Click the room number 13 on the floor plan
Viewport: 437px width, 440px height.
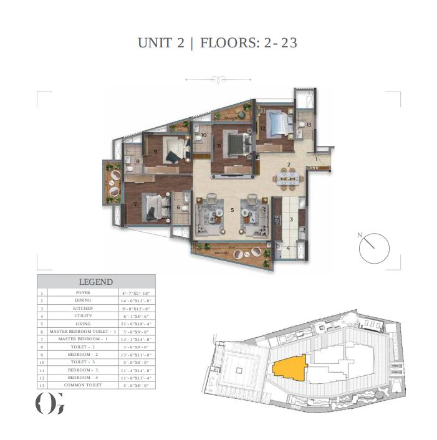[309, 125]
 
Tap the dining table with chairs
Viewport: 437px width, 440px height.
[289, 179]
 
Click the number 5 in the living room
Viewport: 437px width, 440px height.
[232, 211]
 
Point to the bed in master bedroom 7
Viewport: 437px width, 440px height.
[153, 207]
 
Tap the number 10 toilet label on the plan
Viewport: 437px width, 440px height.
[203, 135]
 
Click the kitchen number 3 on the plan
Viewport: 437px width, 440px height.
[291, 219]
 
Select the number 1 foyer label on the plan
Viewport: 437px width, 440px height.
[316, 159]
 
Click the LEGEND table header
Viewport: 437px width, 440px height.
[95, 282]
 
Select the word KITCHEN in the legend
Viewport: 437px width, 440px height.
[83, 308]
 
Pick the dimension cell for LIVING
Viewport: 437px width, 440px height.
[136, 324]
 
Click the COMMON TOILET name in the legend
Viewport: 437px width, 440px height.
[83, 385]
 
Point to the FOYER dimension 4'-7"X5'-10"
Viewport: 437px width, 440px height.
[136, 292]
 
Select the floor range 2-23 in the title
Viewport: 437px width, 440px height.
[281, 43]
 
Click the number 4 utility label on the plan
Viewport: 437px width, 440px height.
[288, 248]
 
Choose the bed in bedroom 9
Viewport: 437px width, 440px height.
[175, 150]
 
